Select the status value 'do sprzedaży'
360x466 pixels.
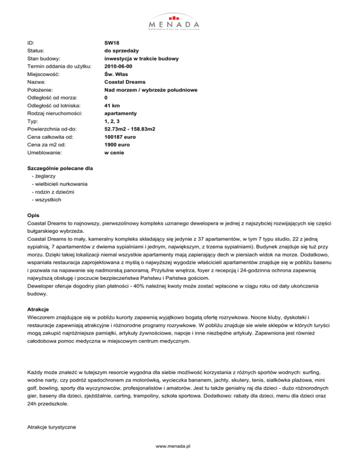pyautogui.click(x=122, y=50)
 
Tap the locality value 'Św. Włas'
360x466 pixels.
pyautogui.click(x=117, y=74)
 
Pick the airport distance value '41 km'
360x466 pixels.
pyautogui.click(x=112, y=106)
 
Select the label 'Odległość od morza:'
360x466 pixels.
pyautogui.click(x=54, y=98)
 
